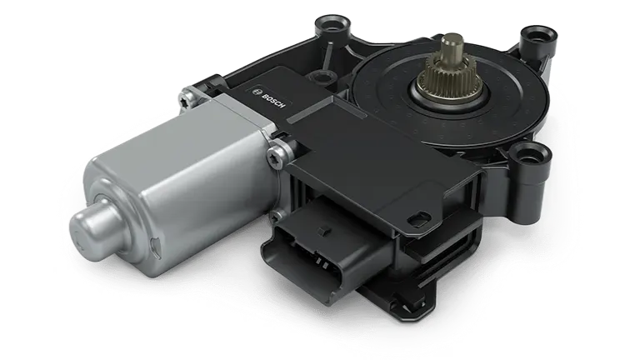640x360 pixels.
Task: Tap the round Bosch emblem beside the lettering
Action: [257, 91]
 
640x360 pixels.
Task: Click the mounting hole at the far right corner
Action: [539, 36]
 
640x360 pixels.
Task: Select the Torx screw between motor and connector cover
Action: [276, 156]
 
